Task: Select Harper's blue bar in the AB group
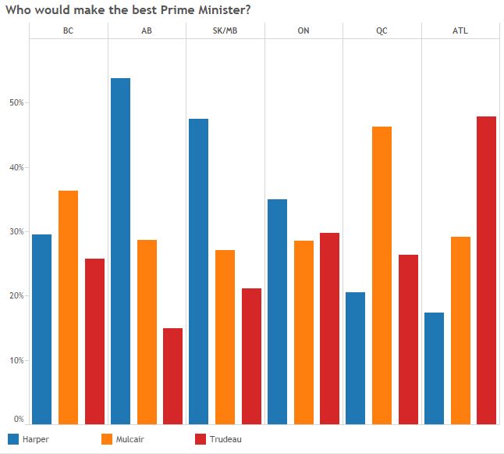tap(121, 251)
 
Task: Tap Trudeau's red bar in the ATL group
tap(487, 270)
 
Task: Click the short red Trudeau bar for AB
tap(173, 376)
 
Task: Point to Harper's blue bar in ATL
tap(435, 368)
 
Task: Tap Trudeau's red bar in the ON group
tap(330, 328)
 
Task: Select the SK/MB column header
tap(225, 31)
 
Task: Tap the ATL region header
tap(460, 31)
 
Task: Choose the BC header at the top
tap(69, 31)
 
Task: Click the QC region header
tap(382, 31)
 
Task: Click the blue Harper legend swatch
tap(12, 439)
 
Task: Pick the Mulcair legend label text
tap(130, 439)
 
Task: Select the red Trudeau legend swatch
tap(199, 439)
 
